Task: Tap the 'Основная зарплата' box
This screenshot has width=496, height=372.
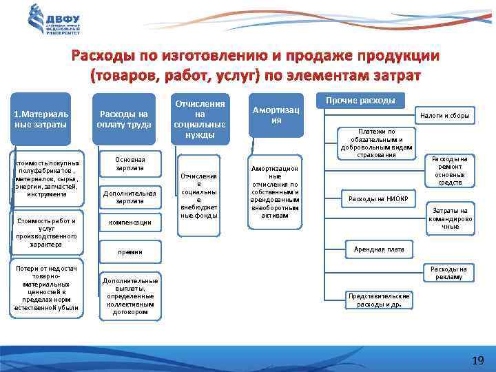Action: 130,163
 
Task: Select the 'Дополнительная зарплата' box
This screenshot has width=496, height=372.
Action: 130,197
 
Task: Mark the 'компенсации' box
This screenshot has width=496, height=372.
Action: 130,223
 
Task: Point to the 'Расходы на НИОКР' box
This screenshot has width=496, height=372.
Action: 378,199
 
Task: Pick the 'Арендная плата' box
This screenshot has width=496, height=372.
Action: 378,248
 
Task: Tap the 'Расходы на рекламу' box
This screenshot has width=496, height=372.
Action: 448,273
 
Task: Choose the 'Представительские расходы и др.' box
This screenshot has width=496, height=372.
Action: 378,299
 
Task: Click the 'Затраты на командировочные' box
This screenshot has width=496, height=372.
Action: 449,218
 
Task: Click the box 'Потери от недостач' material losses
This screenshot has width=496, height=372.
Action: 45,289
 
